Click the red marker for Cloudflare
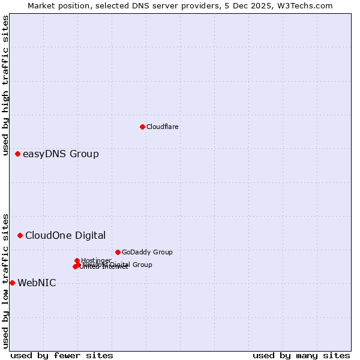point(142,127)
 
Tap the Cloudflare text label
point(162,127)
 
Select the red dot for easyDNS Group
point(17,154)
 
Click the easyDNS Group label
point(61,154)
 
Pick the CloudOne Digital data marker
point(20,235)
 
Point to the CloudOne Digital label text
point(65,236)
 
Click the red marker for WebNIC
point(12,283)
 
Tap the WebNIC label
point(37,283)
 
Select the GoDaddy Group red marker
point(118,252)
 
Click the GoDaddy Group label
point(147,252)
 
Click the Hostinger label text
point(96,260)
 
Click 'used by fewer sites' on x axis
point(62,355)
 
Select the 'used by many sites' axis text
point(301,355)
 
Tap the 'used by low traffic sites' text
point(5,280)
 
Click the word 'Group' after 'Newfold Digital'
point(142,265)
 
